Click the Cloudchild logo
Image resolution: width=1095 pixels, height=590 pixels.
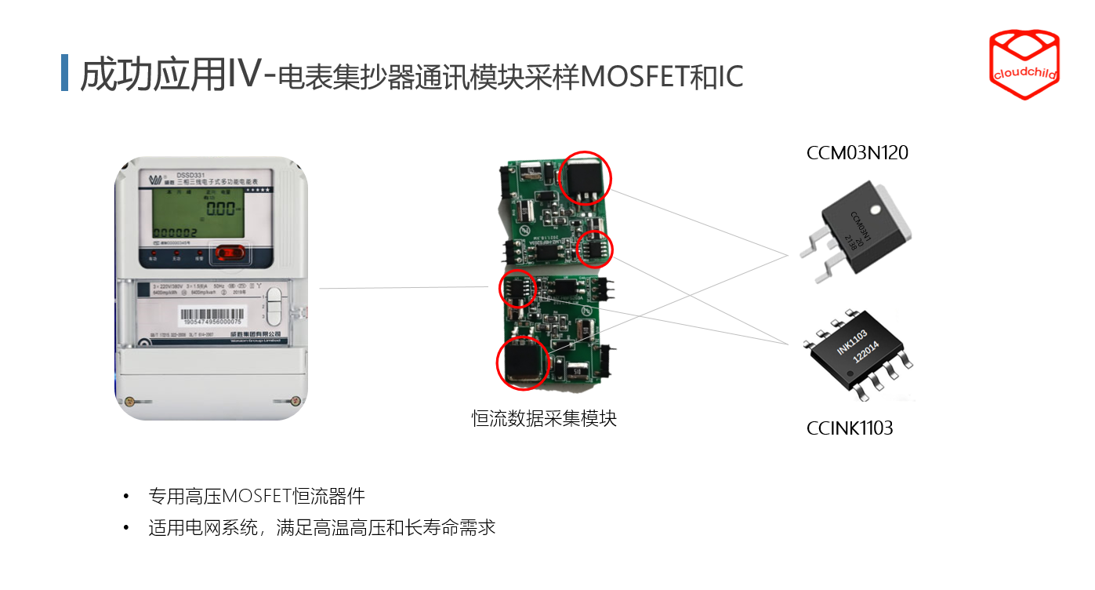point(1024,65)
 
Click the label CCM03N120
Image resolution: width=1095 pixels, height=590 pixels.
point(858,153)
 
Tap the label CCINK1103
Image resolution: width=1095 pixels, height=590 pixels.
point(850,428)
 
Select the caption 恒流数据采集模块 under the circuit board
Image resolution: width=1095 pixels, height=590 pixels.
point(544,418)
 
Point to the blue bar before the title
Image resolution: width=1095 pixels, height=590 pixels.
point(65,73)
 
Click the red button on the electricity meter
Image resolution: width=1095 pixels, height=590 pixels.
point(230,253)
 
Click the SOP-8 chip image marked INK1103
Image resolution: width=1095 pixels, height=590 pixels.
point(859,354)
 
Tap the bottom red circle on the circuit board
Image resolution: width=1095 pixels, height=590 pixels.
point(523,362)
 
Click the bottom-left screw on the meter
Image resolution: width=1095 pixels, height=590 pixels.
point(131,401)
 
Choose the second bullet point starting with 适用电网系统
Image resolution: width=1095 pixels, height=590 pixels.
point(321,527)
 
